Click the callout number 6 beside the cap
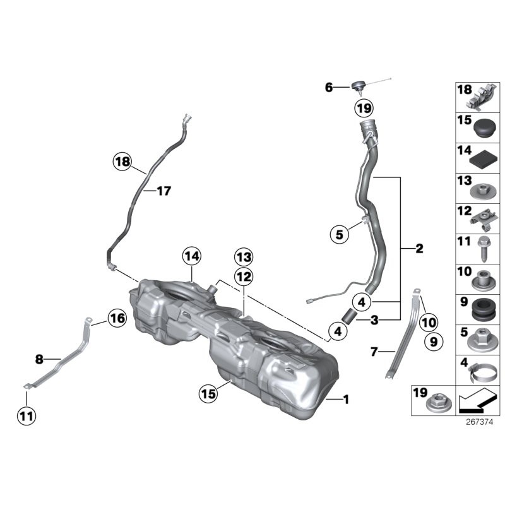pos(328,88)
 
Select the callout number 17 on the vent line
pos(163,191)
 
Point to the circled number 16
pos(116,319)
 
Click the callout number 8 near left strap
pos(39,360)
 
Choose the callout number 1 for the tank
pos(345,399)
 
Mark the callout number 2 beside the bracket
pos(419,249)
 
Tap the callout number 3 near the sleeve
pos(374,320)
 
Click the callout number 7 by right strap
pos(374,352)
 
